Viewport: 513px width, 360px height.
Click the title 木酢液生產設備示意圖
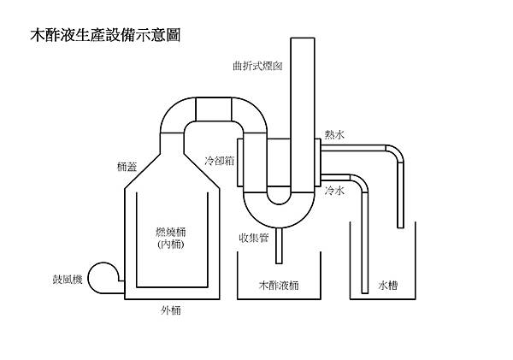coord(104,38)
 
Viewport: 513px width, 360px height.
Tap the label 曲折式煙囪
coord(258,65)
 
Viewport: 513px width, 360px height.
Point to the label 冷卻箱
coord(221,160)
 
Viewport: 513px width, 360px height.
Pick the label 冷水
coord(334,192)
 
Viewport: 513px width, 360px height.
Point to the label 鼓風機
coord(67,280)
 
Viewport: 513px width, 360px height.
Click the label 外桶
coord(171,310)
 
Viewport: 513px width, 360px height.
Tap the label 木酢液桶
coord(278,285)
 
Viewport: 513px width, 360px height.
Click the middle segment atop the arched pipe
coord(213,109)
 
